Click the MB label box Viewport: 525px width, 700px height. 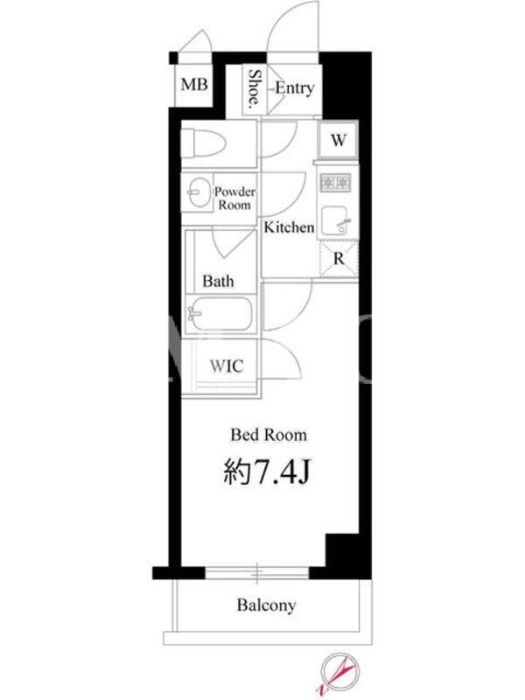tap(193, 84)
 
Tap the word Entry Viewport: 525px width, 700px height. tap(294, 88)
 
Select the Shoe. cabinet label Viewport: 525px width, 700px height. tap(255, 89)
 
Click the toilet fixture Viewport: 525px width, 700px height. tap(204, 143)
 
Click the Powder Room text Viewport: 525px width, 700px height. tap(234, 199)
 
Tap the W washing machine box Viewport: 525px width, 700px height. tap(339, 139)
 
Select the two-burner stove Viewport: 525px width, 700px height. tap(336, 183)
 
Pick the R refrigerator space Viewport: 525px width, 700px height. tap(339, 259)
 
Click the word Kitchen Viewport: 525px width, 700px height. tap(289, 227)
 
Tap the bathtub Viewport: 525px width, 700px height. tap(220, 313)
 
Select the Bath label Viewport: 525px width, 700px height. tap(218, 281)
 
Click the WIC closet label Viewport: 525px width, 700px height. tap(227, 366)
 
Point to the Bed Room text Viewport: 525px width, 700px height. tap(269, 435)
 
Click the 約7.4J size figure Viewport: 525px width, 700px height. tap(267, 472)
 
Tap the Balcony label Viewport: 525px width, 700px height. tap(267, 605)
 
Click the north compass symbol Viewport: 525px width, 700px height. tap(339, 672)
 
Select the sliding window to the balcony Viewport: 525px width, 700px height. tap(257, 573)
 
